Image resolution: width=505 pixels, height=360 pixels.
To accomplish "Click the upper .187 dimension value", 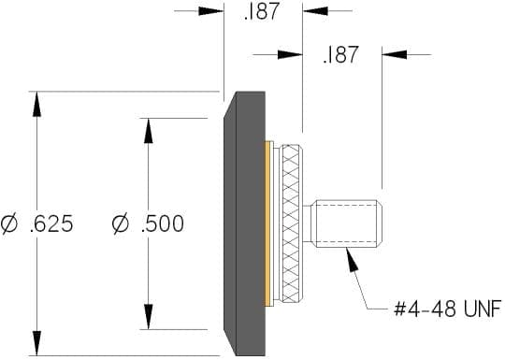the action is click(261, 11).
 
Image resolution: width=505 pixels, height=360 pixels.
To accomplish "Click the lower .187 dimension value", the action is click(340, 54).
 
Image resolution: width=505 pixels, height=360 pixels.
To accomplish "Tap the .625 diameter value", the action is click(51, 223).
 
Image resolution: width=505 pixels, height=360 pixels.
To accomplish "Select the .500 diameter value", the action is click(163, 223).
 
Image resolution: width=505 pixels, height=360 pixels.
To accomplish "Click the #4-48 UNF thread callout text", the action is click(448, 309).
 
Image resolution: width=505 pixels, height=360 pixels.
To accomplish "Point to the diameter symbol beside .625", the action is click(9, 224).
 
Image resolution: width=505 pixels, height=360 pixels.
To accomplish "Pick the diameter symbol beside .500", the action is click(121, 224).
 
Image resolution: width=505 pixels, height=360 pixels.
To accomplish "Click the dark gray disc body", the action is click(245, 223).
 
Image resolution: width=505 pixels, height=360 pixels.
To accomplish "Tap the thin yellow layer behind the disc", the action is click(267, 223).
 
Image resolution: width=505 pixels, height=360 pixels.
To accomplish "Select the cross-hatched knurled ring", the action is click(291, 223).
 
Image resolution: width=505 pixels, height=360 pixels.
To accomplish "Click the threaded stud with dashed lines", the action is click(346, 223).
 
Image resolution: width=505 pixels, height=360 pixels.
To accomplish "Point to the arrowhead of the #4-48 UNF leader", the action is click(352, 258).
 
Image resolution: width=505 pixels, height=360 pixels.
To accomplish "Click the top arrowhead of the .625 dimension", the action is click(37, 104).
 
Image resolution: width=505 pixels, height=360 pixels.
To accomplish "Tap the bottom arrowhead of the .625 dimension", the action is click(37, 343).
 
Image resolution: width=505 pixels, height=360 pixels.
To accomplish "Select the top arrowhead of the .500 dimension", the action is click(148, 131).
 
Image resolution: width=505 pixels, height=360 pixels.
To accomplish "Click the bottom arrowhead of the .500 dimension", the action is click(148, 317).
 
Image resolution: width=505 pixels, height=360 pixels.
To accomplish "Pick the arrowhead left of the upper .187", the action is click(211, 11).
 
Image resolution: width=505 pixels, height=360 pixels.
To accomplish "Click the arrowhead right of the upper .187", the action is click(315, 11).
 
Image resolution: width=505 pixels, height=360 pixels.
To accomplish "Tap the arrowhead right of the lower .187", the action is click(395, 54).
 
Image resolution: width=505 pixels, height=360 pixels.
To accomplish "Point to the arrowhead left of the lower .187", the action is click(290, 54).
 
